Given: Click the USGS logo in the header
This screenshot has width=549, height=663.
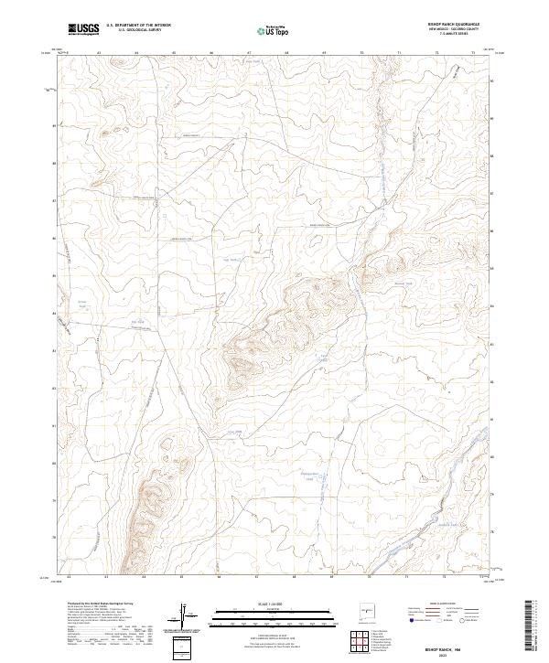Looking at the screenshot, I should pyautogui.click(x=84, y=29).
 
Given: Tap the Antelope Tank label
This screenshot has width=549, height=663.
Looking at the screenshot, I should pyautogui.click(x=309, y=474).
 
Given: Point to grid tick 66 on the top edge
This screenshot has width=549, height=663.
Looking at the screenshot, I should pyautogui.click(x=210, y=53).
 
